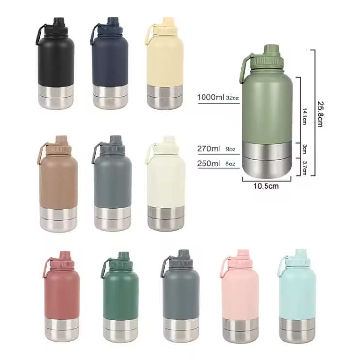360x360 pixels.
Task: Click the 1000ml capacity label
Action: [211, 98]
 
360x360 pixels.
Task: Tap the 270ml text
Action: [208, 149]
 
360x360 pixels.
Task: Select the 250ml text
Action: [208, 164]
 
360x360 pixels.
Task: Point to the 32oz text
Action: [232, 98]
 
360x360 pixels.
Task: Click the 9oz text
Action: [231, 149]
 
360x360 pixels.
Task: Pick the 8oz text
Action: [230, 164]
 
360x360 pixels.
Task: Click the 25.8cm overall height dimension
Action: [320, 114]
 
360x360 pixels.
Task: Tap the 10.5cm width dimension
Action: [266, 186]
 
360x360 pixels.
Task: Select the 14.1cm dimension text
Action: [304, 116]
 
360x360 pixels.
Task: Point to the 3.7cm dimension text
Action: [304, 168]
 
